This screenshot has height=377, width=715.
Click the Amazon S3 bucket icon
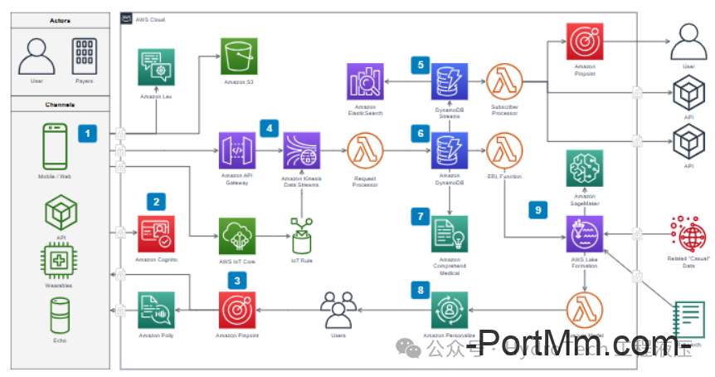[238, 56]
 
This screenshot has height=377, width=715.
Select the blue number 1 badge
[88, 132]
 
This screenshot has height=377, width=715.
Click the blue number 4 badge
[268, 128]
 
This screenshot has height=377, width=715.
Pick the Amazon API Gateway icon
[237, 151]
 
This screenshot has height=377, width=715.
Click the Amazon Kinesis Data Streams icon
[301, 151]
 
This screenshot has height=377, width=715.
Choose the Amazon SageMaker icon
[585, 169]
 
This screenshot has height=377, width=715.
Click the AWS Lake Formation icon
[585, 233]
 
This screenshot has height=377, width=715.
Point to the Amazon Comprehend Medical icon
[449, 233]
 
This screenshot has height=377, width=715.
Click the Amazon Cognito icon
[156, 235]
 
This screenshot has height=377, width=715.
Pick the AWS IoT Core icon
[237, 235]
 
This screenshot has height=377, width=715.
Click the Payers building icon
[84, 56]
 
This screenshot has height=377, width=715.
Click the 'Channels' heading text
[60, 105]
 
